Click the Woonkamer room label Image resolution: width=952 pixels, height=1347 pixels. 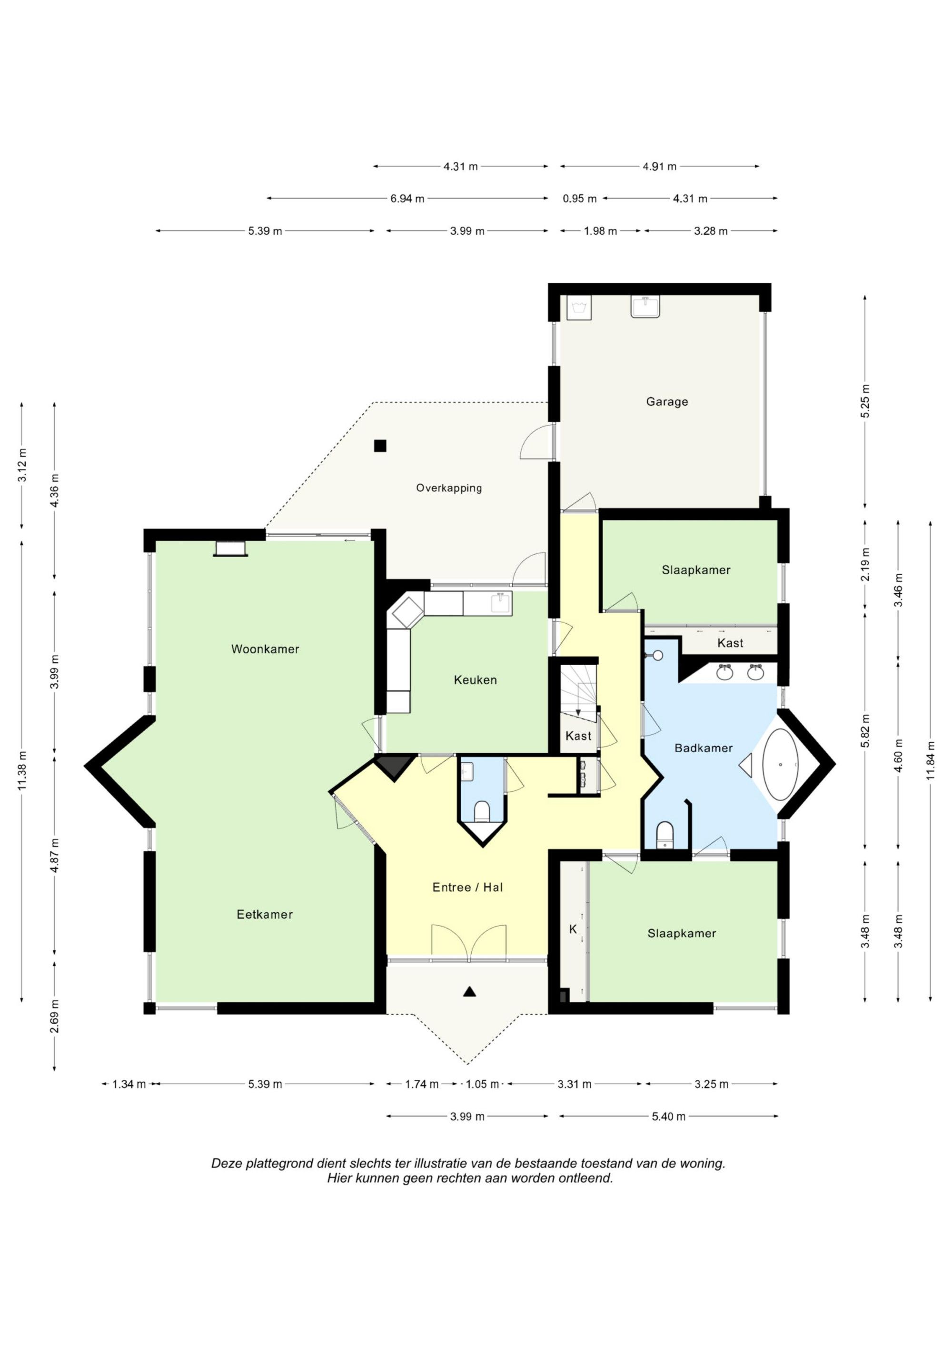click(x=265, y=649)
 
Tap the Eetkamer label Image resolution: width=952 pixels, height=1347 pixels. click(x=265, y=914)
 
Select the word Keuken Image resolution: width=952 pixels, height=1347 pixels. click(x=475, y=680)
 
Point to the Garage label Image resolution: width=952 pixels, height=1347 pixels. click(x=667, y=402)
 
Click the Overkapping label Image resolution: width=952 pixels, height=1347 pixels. click(x=449, y=488)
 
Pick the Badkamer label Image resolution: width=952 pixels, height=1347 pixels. click(x=704, y=748)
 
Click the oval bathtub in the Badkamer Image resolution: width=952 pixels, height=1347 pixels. click(x=780, y=765)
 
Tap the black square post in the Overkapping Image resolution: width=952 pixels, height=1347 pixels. click(x=380, y=446)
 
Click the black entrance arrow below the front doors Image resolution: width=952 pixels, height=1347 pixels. click(x=469, y=991)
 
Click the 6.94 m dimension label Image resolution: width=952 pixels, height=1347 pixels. click(x=407, y=198)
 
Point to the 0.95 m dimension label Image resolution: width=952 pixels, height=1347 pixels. click(x=579, y=198)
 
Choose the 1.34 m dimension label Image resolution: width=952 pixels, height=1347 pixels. click(x=129, y=1084)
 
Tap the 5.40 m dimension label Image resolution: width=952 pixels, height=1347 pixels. click(x=669, y=1117)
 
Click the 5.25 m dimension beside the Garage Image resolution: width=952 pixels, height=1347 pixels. click(x=865, y=401)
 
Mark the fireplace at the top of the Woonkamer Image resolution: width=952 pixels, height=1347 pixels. click(x=230, y=548)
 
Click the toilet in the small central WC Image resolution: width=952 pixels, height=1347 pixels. click(x=482, y=811)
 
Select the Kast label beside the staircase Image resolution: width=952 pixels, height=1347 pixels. click(x=578, y=736)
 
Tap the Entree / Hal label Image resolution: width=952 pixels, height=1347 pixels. click(x=467, y=887)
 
